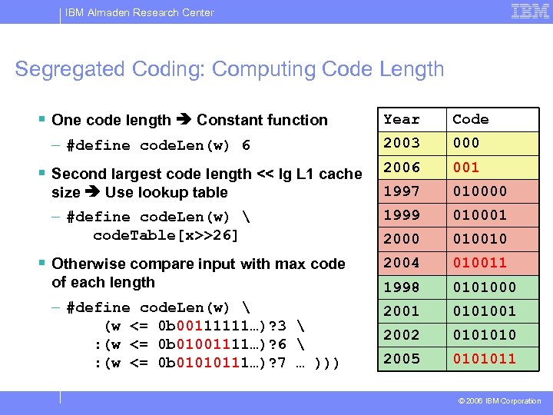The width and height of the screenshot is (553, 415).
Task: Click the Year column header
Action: pyautogui.click(x=402, y=119)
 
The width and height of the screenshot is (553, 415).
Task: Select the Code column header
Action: pyautogui.click(x=471, y=119)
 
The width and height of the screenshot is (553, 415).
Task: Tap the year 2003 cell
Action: pyautogui.click(x=402, y=143)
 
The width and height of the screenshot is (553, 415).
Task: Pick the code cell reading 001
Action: pyautogui.click(x=466, y=167)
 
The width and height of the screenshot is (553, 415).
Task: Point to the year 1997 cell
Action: pyautogui.click(x=402, y=191)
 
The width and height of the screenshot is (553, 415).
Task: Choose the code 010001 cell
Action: pyautogui.click(x=479, y=214)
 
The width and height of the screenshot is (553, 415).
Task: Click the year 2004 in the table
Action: pyautogui.click(x=402, y=262)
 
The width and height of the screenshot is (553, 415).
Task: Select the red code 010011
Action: pyautogui.click(x=479, y=262)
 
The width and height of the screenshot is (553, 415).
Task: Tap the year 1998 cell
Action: pyautogui.click(x=402, y=287)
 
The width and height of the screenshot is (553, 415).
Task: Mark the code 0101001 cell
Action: pyautogui.click(x=484, y=310)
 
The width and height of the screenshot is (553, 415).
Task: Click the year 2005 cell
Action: pyautogui.click(x=402, y=358)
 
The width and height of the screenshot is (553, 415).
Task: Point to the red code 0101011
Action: pyautogui.click(x=484, y=358)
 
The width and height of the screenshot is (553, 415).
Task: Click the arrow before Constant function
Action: pyautogui.click(x=184, y=120)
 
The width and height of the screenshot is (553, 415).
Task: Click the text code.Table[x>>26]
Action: pyautogui.click(x=165, y=235)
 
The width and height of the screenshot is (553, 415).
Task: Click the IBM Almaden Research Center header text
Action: pyautogui.click(x=140, y=12)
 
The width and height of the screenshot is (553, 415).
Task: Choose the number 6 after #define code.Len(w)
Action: pyautogui.click(x=246, y=145)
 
